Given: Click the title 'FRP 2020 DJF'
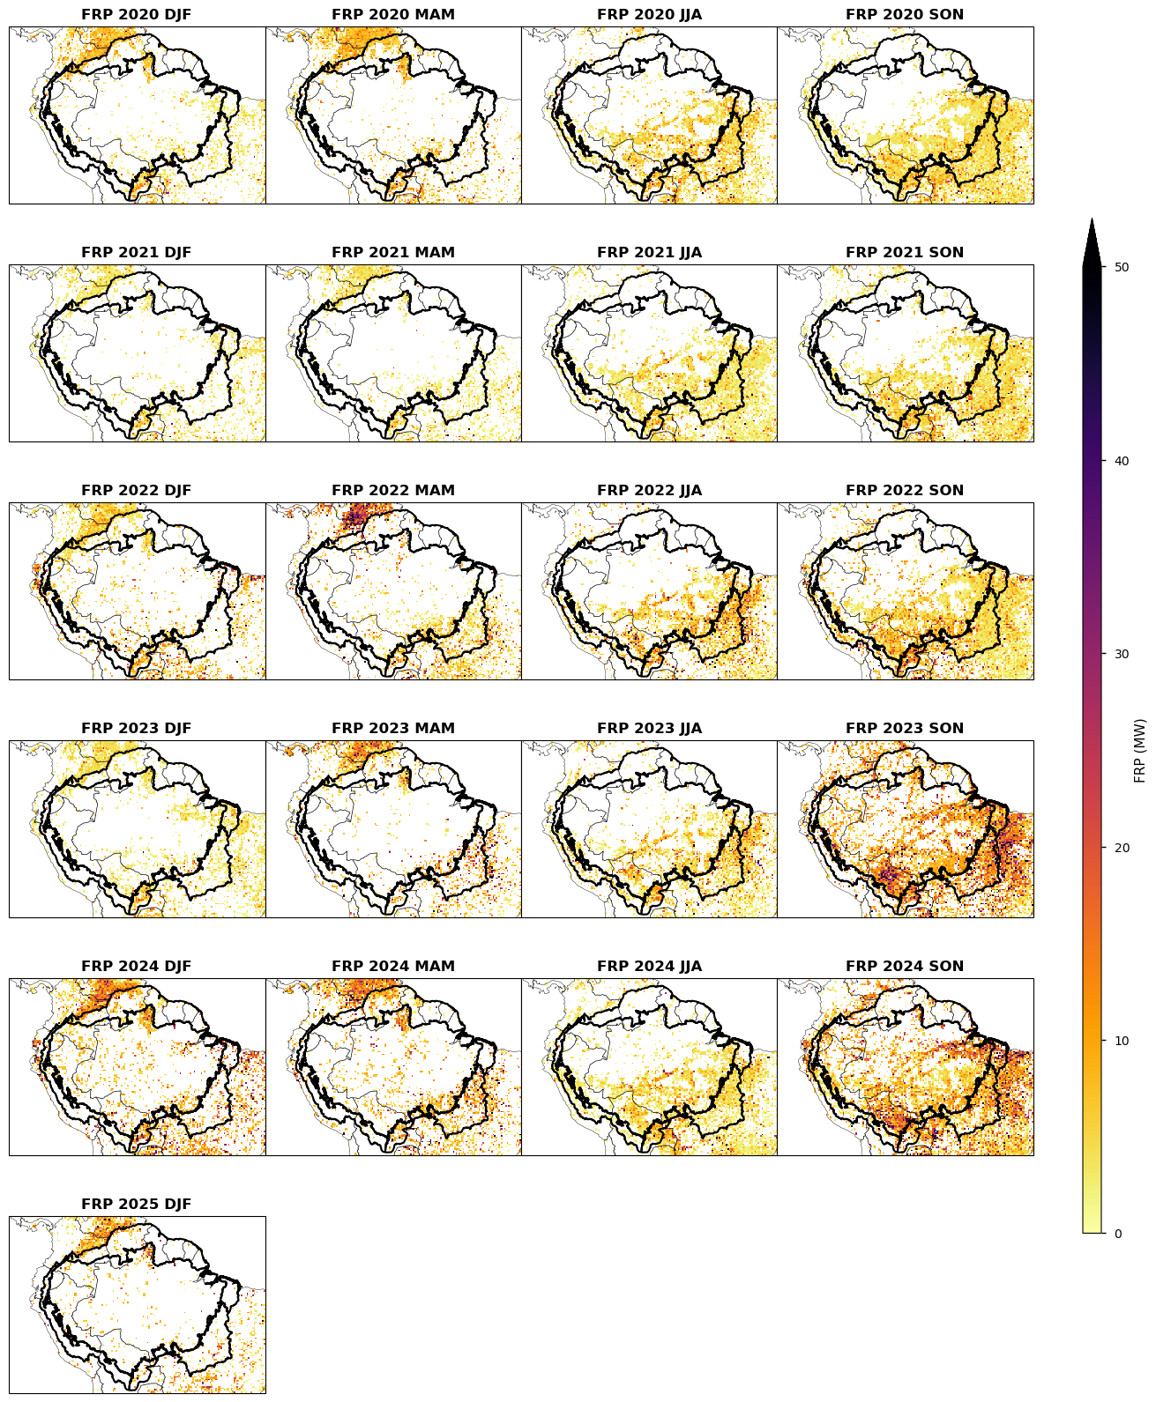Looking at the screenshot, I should coord(136,15).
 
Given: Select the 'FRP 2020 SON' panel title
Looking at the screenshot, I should coord(905,15).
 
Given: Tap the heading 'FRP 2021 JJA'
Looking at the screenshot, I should coord(649,253).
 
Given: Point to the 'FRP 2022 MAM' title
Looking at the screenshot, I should coord(393,491).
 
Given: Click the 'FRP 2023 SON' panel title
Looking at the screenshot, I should coord(905,729).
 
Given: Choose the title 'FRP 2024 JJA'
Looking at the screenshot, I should coord(649,967).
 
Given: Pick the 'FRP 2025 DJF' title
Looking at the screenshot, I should coord(136,1205).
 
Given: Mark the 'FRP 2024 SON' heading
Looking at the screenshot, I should coord(905,967).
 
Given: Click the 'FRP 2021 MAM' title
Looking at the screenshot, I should coord(393,253).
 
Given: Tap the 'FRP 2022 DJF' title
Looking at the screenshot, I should coord(136,491).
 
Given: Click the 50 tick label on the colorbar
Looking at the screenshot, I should coord(1122,267).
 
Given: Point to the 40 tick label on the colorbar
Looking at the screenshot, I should coord(1122,461).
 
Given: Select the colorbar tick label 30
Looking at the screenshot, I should coord(1122,654).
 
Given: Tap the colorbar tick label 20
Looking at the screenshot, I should coord(1122,848).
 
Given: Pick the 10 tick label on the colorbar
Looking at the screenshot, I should coord(1122,1041).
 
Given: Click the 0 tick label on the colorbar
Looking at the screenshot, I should coord(1118,1234).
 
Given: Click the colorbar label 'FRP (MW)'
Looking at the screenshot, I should coord(1141,751).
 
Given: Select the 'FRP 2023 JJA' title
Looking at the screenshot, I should coord(649,729).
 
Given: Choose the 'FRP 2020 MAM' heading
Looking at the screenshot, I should coord(393,15).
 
